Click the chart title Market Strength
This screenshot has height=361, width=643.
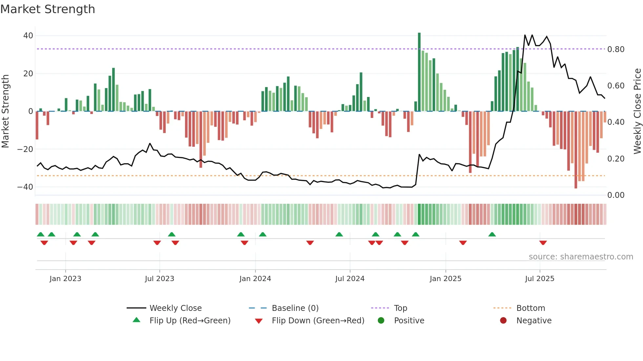point(48,9)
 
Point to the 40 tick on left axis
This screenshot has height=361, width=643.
point(28,36)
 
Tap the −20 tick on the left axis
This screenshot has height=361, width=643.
point(25,149)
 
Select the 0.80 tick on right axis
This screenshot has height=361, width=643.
point(616,49)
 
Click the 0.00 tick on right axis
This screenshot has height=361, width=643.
point(616,195)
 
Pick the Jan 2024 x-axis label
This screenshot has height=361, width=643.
point(255,279)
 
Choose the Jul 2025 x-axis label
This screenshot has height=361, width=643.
point(539,279)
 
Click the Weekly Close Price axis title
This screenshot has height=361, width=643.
point(637,111)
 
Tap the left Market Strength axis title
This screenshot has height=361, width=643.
point(5,111)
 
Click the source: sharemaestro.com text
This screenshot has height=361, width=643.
point(581,257)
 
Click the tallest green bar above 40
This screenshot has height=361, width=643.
point(419,72)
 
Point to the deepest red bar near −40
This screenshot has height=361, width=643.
point(576,150)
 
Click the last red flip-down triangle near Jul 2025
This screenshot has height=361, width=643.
point(543,243)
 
